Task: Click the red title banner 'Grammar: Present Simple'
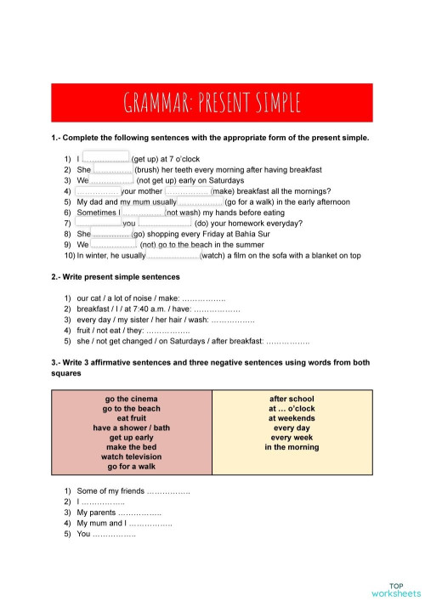click(x=212, y=103)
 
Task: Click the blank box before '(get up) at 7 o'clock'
click(x=105, y=157)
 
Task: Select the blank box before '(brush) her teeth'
click(x=113, y=169)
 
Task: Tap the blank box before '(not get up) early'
click(x=112, y=180)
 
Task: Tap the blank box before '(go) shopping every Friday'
click(x=111, y=233)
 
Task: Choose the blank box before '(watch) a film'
click(x=173, y=254)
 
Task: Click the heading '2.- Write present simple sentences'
click(x=116, y=277)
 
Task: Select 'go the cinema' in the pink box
click(x=132, y=398)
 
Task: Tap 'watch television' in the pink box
click(x=132, y=456)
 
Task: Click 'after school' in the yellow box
click(x=292, y=398)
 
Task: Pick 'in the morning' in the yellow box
click(x=292, y=447)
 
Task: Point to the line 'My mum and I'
click(x=124, y=524)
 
